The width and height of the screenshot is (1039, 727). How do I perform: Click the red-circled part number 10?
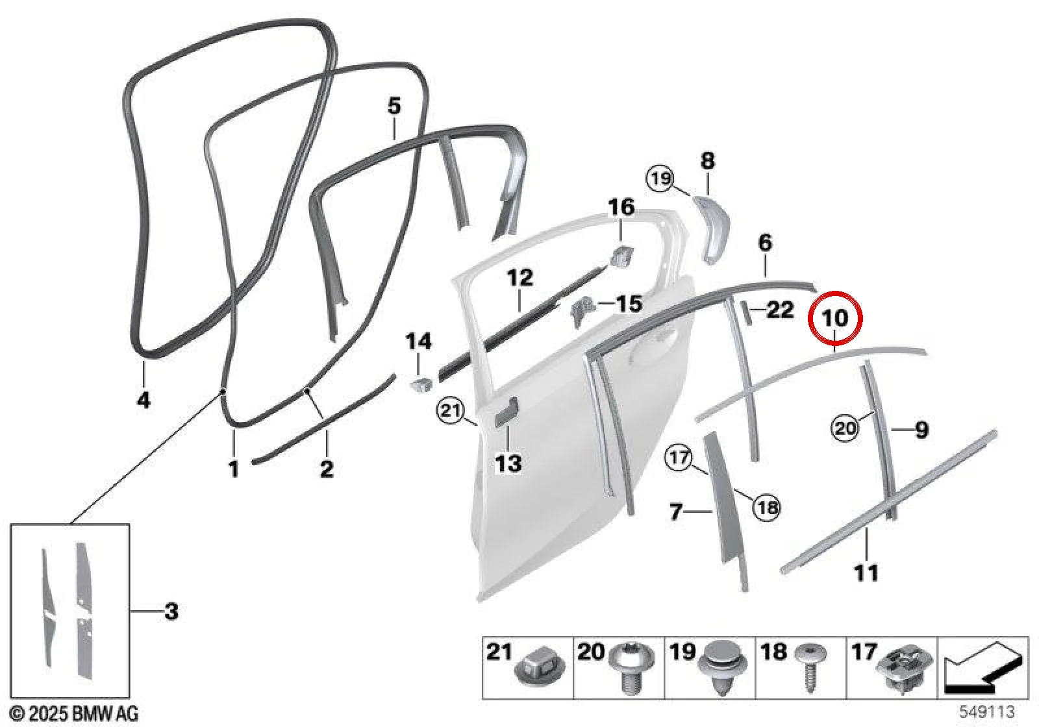[835, 319]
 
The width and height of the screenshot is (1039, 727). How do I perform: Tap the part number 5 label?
[394, 106]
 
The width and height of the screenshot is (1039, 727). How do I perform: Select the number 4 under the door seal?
[144, 400]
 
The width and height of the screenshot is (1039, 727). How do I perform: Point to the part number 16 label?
[621, 207]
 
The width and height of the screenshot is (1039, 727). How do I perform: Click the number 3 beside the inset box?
[171, 611]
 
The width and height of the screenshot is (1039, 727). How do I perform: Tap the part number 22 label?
[781, 309]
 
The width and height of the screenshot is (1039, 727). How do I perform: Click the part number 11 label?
[866, 573]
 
